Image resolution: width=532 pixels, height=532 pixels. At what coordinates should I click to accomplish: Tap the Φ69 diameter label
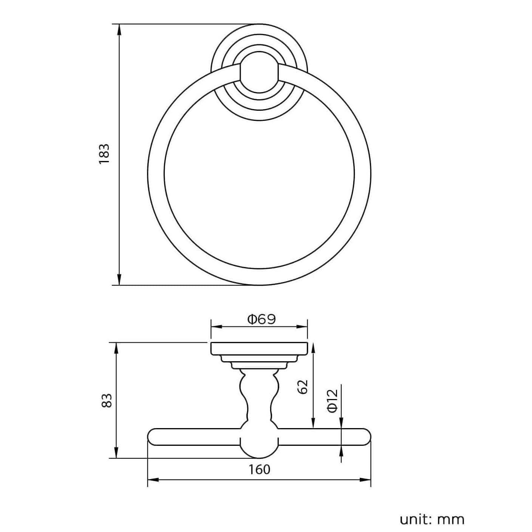[x=261, y=319]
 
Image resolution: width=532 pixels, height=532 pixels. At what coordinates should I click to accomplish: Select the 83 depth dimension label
[x=107, y=400]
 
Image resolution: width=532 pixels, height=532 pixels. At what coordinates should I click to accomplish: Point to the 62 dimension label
[x=303, y=387]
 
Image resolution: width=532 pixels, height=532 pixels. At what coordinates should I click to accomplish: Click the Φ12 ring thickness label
[x=332, y=401]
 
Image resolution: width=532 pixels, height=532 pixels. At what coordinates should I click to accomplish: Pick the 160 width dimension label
[x=260, y=469]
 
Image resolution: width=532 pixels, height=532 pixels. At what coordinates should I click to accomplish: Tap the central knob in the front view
[x=259, y=73]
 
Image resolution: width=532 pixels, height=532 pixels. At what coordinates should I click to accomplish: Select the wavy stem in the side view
[x=259, y=397]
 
